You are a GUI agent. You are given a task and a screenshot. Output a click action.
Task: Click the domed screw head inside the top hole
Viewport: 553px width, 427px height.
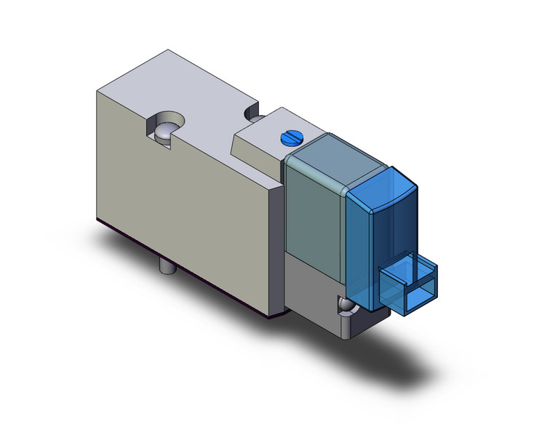[x=167, y=132]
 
